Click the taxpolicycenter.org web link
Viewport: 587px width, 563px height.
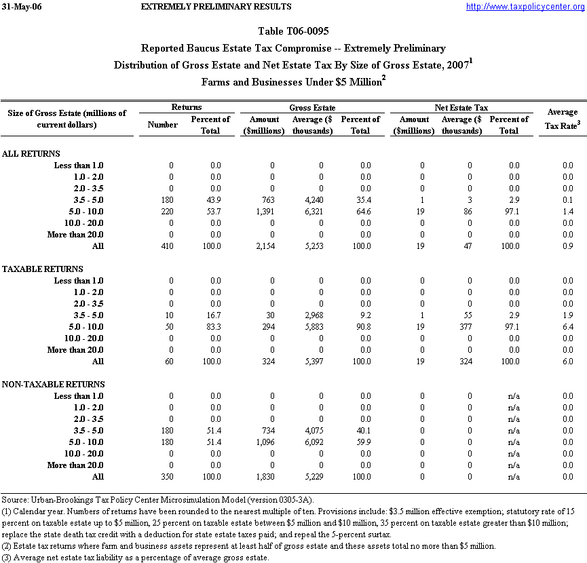tap(525, 7)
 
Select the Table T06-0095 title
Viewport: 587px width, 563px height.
tap(293, 32)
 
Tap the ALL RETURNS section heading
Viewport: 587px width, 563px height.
tap(31, 154)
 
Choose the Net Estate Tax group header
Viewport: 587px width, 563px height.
tap(461, 108)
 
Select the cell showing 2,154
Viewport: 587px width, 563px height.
tap(271, 246)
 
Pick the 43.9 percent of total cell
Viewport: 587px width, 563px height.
tap(214, 200)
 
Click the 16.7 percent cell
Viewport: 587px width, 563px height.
tap(214, 315)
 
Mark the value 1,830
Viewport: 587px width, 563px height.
tap(271, 477)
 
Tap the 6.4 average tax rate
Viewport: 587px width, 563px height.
tap(567, 327)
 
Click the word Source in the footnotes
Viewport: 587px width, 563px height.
tap(15, 500)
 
